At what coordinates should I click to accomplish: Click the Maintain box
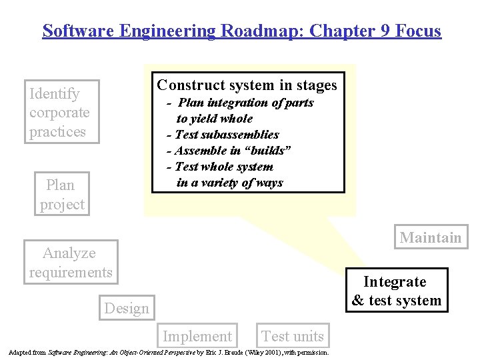point(430,238)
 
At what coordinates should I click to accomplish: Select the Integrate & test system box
point(396,291)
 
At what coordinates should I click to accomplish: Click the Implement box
point(197,337)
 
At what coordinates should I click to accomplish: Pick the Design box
point(127,309)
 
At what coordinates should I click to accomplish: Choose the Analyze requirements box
point(70,263)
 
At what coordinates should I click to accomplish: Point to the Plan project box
point(61,195)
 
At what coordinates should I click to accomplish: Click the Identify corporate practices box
point(60,113)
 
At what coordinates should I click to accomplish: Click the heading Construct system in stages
point(247,85)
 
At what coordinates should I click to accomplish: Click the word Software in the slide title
point(73,31)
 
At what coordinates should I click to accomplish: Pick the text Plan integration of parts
point(246,103)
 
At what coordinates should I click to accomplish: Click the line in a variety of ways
point(229,183)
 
